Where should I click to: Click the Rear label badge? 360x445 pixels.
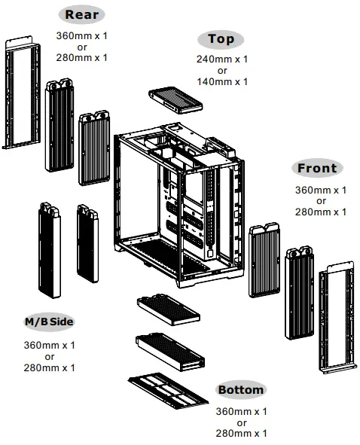(82, 14)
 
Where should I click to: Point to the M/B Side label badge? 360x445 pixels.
(50, 323)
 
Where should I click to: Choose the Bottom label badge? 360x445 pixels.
(241, 390)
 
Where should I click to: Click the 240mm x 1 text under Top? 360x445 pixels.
(222, 59)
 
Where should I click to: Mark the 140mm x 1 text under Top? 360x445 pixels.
(222, 81)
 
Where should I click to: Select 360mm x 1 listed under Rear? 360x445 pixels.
(82, 35)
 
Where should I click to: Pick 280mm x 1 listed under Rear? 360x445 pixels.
(82, 57)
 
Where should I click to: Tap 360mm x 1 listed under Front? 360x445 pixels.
(320, 190)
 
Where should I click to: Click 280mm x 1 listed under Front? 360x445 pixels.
(320, 212)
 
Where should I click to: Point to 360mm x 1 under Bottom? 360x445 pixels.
(242, 412)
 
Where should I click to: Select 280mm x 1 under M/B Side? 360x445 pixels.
(50, 367)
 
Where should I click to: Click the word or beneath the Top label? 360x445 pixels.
(222, 70)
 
